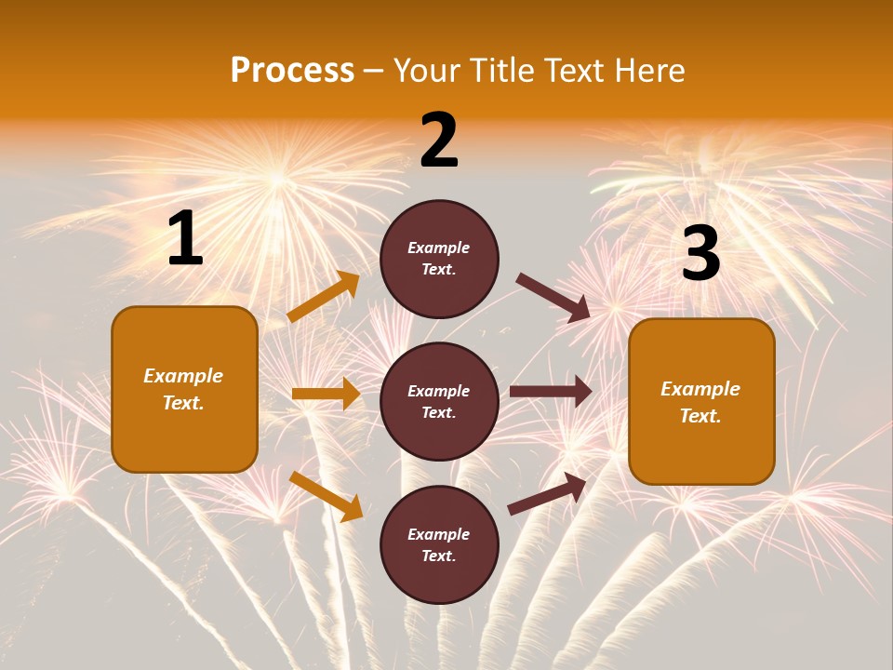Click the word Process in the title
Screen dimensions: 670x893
pos(292,71)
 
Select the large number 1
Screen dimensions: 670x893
pos(185,239)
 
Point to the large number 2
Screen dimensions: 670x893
pos(439,141)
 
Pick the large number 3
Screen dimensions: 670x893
pos(700,254)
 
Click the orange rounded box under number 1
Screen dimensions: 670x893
pos(184,389)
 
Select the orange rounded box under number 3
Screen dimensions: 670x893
pos(701,401)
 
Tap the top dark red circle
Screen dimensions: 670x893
pos(439,259)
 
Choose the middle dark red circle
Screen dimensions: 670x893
pos(439,401)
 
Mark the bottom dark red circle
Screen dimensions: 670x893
pos(439,544)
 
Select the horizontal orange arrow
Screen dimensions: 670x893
pos(326,394)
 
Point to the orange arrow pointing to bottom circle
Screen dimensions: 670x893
pos(326,496)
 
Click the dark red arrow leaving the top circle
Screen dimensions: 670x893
pos(553,298)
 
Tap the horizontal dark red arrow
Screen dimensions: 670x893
pos(551,392)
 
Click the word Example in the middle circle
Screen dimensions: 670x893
pos(439,391)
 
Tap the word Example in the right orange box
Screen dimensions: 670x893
pos(700,389)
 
